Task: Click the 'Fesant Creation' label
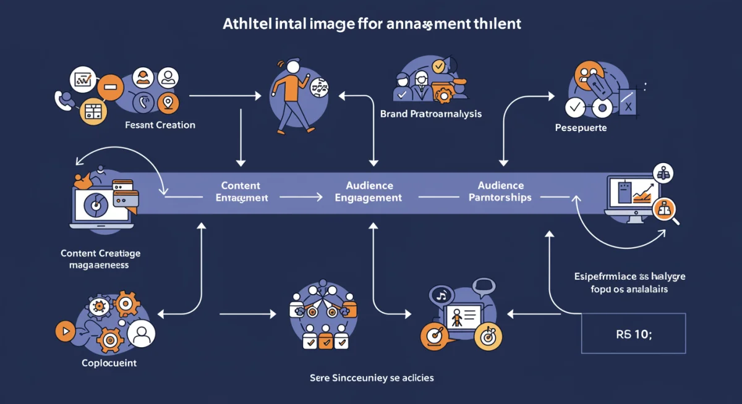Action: (160, 125)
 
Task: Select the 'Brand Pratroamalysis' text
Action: (430, 114)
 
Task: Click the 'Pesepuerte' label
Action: (581, 128)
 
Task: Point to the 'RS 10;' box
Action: (634, 333)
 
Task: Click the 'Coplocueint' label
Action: (109, 363)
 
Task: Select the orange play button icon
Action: (64, 331)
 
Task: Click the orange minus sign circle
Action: (110, 89)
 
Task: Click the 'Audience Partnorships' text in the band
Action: (500, 191)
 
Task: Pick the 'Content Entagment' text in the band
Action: (241, 191)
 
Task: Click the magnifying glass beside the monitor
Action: (667, 211)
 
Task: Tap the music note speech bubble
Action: (441, 295)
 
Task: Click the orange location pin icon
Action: (168, 103)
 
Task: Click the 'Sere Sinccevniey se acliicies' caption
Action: (371, 377)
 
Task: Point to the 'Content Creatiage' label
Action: (100, 259)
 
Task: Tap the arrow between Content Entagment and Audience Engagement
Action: (301, 197)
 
